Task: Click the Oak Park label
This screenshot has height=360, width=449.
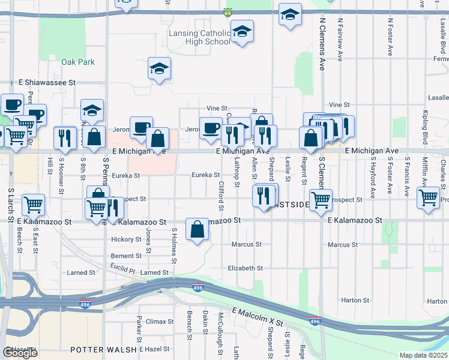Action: coord(78,62)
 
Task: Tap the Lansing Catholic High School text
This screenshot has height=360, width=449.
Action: coord(200,37)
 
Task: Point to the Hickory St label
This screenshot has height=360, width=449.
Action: coord(126,239)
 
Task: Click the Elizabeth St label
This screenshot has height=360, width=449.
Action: coord(246,268)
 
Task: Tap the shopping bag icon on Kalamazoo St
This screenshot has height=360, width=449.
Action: coord(197,230)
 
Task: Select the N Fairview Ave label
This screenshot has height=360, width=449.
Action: coord(340,39)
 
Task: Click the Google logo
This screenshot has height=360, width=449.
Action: coord(20,352)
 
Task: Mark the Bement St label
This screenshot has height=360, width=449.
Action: coord(126,256)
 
